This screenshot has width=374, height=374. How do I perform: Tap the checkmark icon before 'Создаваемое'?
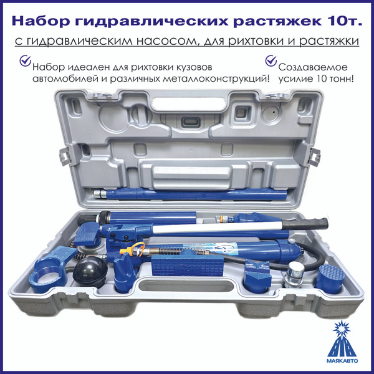[271, 61]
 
